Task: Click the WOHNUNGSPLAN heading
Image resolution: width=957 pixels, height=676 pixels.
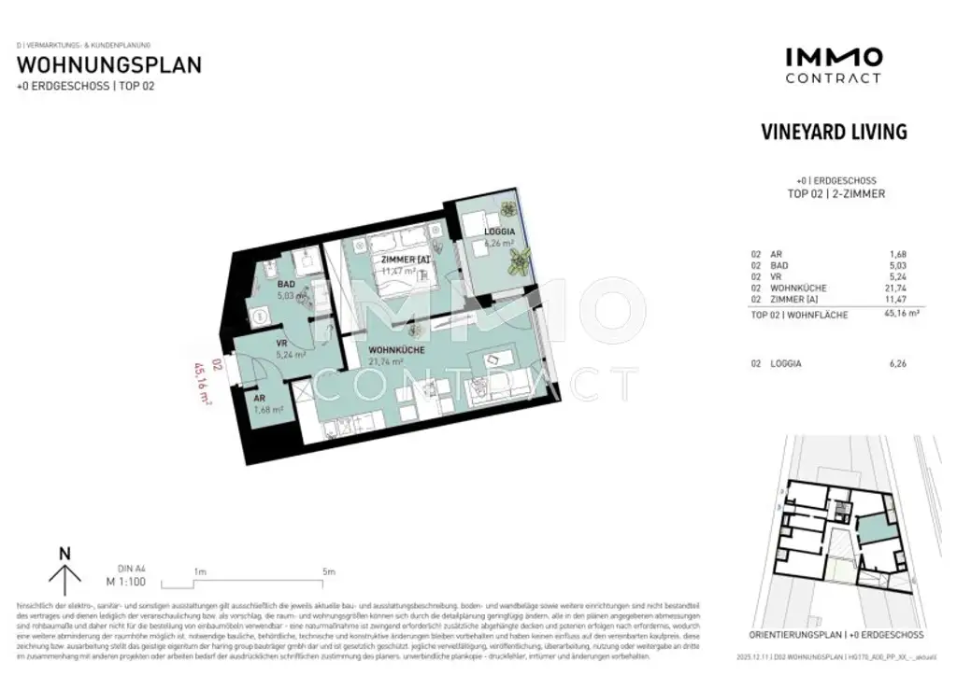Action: pos(109,65)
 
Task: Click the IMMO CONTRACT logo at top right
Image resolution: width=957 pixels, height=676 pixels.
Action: pos(833,65)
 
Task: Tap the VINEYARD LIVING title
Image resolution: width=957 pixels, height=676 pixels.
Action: pos(835,133)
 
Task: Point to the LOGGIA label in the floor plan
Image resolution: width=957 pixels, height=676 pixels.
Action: pos(499,232)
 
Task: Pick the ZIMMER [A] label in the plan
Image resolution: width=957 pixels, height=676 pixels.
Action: pos(404,260)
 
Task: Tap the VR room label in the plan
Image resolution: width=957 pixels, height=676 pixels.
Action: pos(279,343)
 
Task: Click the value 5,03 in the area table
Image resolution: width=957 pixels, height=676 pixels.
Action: pos(896,265)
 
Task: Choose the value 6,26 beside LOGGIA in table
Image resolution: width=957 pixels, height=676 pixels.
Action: pos(896,363)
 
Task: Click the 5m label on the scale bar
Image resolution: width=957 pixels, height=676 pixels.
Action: pos(327,570)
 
